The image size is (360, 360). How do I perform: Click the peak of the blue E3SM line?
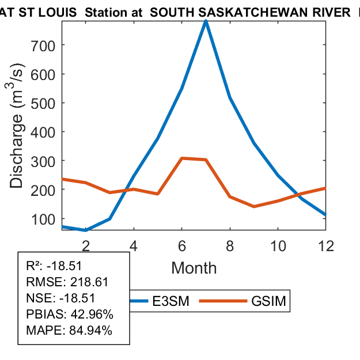[206, 21]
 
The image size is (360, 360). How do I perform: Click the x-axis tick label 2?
[86, 246]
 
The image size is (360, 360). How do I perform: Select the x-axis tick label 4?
[134, 246]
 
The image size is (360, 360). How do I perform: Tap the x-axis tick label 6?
[182, 246]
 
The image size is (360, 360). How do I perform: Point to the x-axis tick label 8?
[230, 246]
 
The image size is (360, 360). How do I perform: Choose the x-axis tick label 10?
[278, 246]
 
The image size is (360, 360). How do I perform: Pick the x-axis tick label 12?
[326, 246]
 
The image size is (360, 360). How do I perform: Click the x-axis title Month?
[194, 268]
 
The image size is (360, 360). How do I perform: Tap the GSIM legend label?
[269, 301]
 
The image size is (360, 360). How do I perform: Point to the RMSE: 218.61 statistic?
[67, 282]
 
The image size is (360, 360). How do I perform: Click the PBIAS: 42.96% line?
[70, 314]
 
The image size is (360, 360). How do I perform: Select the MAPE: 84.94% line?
[69, 331]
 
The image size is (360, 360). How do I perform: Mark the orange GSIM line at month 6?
[182, 158]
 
